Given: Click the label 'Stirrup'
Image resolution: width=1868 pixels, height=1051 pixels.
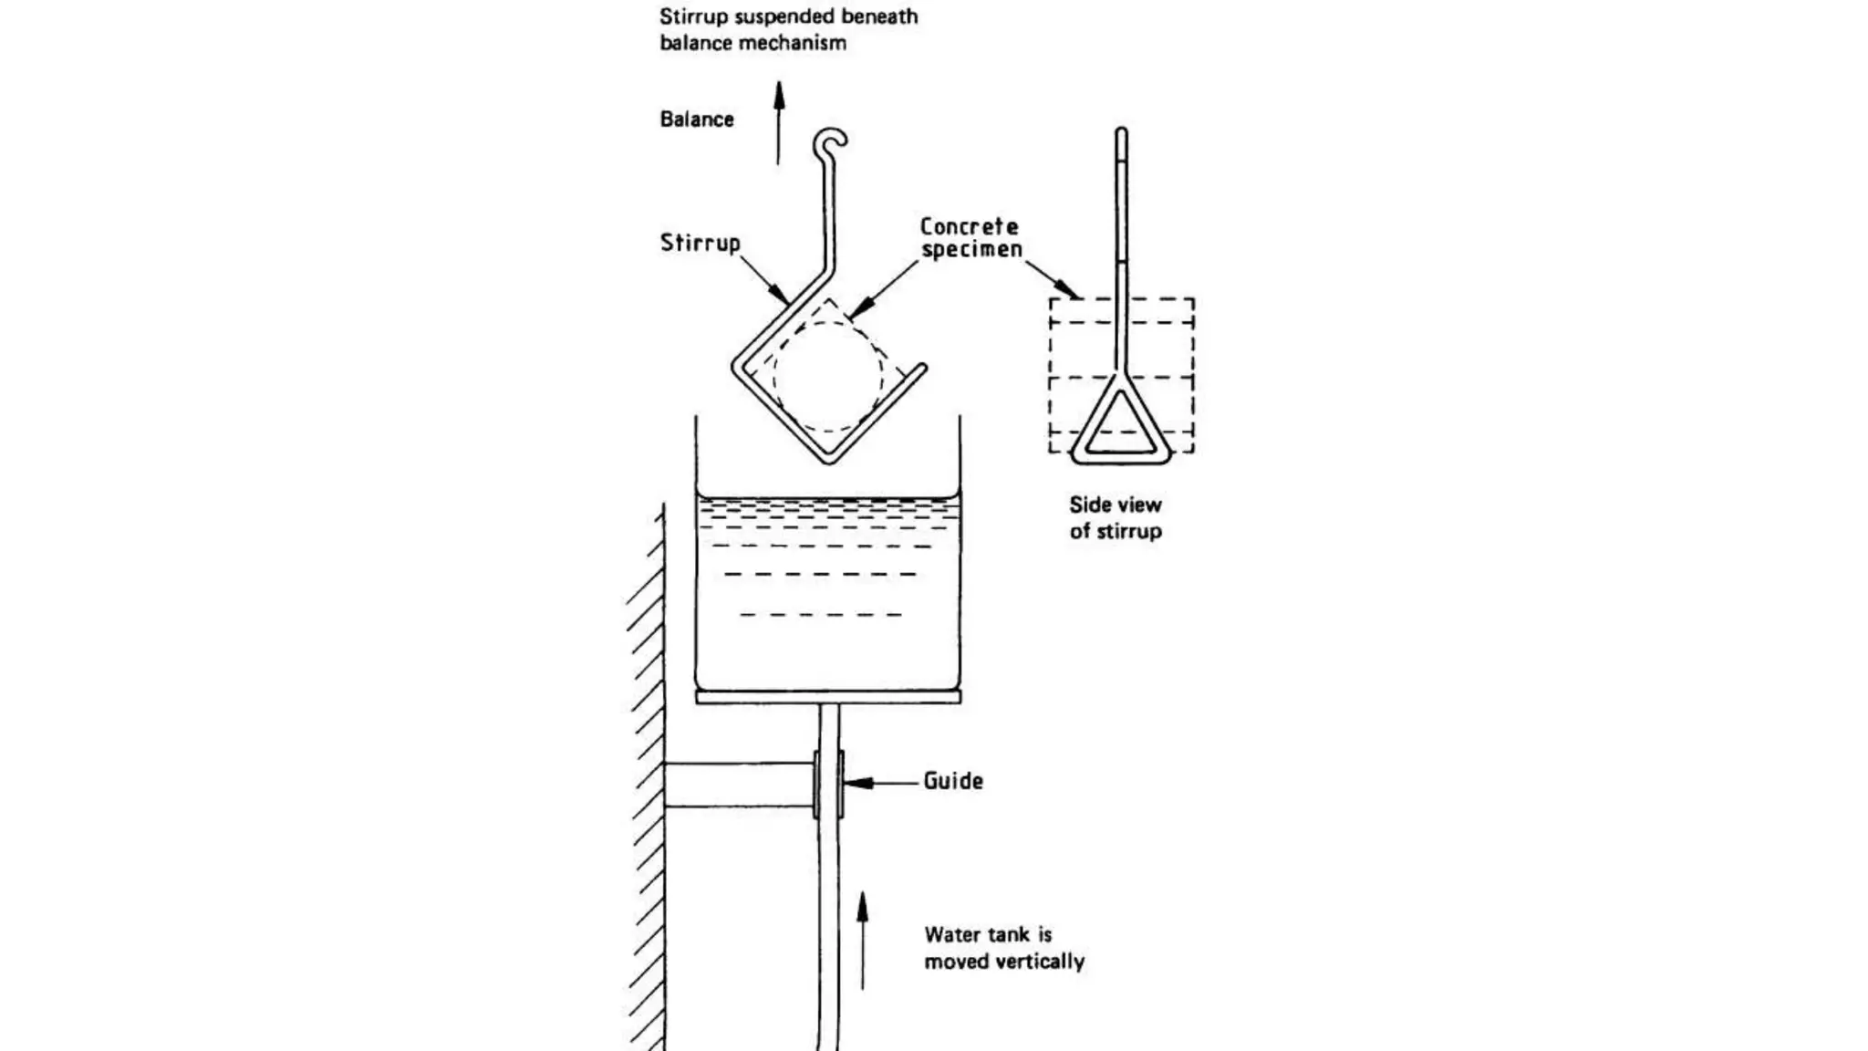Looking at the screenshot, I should [700, 243].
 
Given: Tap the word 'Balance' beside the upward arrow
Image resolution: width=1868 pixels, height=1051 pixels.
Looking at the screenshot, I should [697, 120].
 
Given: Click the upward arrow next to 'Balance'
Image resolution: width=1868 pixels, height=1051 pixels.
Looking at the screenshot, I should [779, 122].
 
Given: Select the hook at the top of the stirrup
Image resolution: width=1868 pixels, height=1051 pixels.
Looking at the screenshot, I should [832, 141].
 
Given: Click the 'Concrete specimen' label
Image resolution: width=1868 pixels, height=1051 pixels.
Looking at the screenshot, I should [970, 237].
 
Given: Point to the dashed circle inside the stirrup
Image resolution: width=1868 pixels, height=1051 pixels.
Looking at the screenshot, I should [828, 376].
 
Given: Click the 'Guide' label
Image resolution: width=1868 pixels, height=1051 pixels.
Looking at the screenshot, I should [953, 781].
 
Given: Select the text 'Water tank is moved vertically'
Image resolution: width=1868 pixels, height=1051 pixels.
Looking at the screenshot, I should [1003, 948].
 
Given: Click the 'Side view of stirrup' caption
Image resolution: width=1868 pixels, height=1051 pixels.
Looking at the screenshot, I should [1116, 518].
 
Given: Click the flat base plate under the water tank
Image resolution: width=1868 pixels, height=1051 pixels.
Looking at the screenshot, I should [828, 697].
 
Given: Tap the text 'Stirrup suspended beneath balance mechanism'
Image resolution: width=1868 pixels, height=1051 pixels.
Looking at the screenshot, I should [789, 29].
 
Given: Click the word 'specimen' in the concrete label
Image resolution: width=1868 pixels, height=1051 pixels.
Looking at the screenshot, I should [972, 249].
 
